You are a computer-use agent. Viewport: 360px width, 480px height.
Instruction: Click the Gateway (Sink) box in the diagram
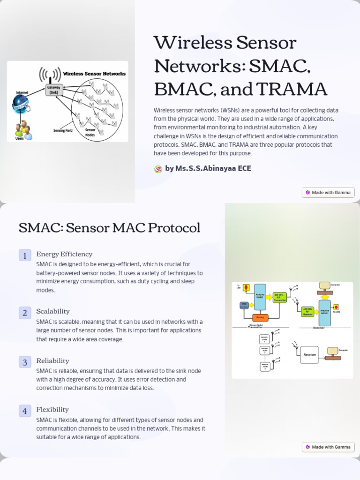pos(54,90)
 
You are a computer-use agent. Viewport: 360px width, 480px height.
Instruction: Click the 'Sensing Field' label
pos(62,130)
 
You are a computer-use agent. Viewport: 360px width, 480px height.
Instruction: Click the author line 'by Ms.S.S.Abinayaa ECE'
pos(208,169)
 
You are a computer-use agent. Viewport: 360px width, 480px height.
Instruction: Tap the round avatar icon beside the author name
pos(158,169)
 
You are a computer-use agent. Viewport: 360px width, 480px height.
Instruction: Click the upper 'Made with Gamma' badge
pos(328,192)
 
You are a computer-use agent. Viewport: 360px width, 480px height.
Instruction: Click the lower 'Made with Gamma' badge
pos(328,447)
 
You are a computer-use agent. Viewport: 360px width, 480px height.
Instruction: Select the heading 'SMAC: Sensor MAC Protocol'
pos(109,228)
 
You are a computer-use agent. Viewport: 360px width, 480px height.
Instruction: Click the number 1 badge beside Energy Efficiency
pos(25,255)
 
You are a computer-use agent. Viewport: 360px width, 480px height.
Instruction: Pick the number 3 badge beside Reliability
pos(25,362)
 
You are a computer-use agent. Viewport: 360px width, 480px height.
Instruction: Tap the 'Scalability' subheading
pos(53,311)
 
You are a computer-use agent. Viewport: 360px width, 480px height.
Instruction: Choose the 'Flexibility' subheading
pos(52,410)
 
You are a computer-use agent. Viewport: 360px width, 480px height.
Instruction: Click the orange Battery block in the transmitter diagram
pos(260,317)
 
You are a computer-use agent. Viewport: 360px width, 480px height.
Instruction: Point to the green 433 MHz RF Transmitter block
pos(279,297)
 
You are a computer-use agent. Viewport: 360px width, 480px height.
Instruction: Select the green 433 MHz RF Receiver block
pos(307,312)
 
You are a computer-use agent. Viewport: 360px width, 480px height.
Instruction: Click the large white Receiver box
pos(309,355)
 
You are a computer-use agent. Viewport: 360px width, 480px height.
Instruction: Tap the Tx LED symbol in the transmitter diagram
pos(246,287)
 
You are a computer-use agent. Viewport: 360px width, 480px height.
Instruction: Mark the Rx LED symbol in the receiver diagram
pos(336,307)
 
